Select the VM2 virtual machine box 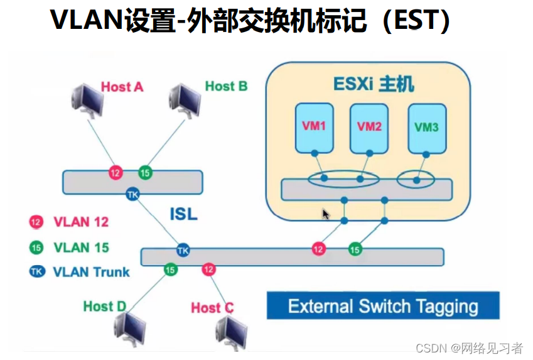tap(369, 129)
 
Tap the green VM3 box tap(426, 129)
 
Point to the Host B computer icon tap(188, 101)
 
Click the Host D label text tap(104, 307)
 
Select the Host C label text tap(212, 308)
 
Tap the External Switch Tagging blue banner tap(383, 307)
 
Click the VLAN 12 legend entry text tap(81, 222)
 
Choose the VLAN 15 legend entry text tap(81, 247)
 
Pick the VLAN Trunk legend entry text tap(91, 271)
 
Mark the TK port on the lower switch tap(183, 250)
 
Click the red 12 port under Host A tap(115, 172)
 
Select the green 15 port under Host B tap(144, 172)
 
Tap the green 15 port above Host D tap(170, 270)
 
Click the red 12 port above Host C tap(208, 270)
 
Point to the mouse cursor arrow tap(326, 214)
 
